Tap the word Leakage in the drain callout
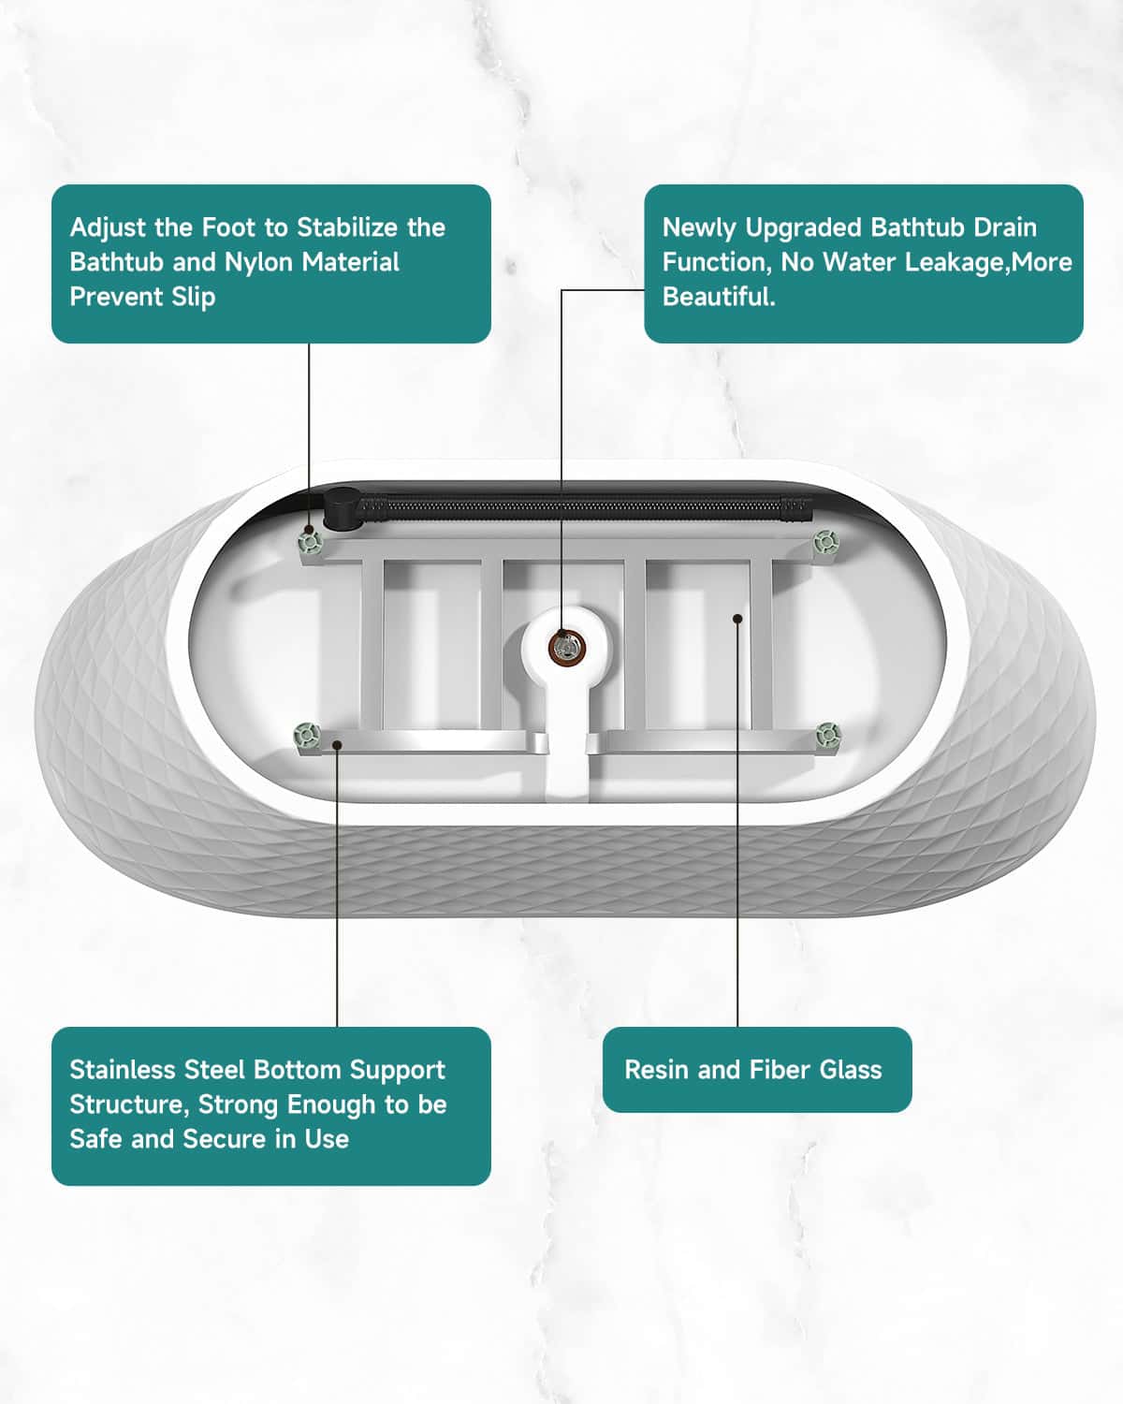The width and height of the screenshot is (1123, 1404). [958, 262]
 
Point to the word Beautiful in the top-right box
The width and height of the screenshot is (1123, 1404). [719, 297]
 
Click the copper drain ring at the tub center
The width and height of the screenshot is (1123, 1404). [566, 647]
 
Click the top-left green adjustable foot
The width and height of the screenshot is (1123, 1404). [310, 540]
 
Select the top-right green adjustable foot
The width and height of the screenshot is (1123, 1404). [825, 541]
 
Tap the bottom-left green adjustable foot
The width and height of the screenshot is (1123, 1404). [307, 734]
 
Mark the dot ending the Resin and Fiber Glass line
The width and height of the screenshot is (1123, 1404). [737, 619]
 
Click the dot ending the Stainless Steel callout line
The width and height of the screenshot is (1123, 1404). [337, 745]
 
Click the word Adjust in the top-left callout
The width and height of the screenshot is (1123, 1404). [108, 228]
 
